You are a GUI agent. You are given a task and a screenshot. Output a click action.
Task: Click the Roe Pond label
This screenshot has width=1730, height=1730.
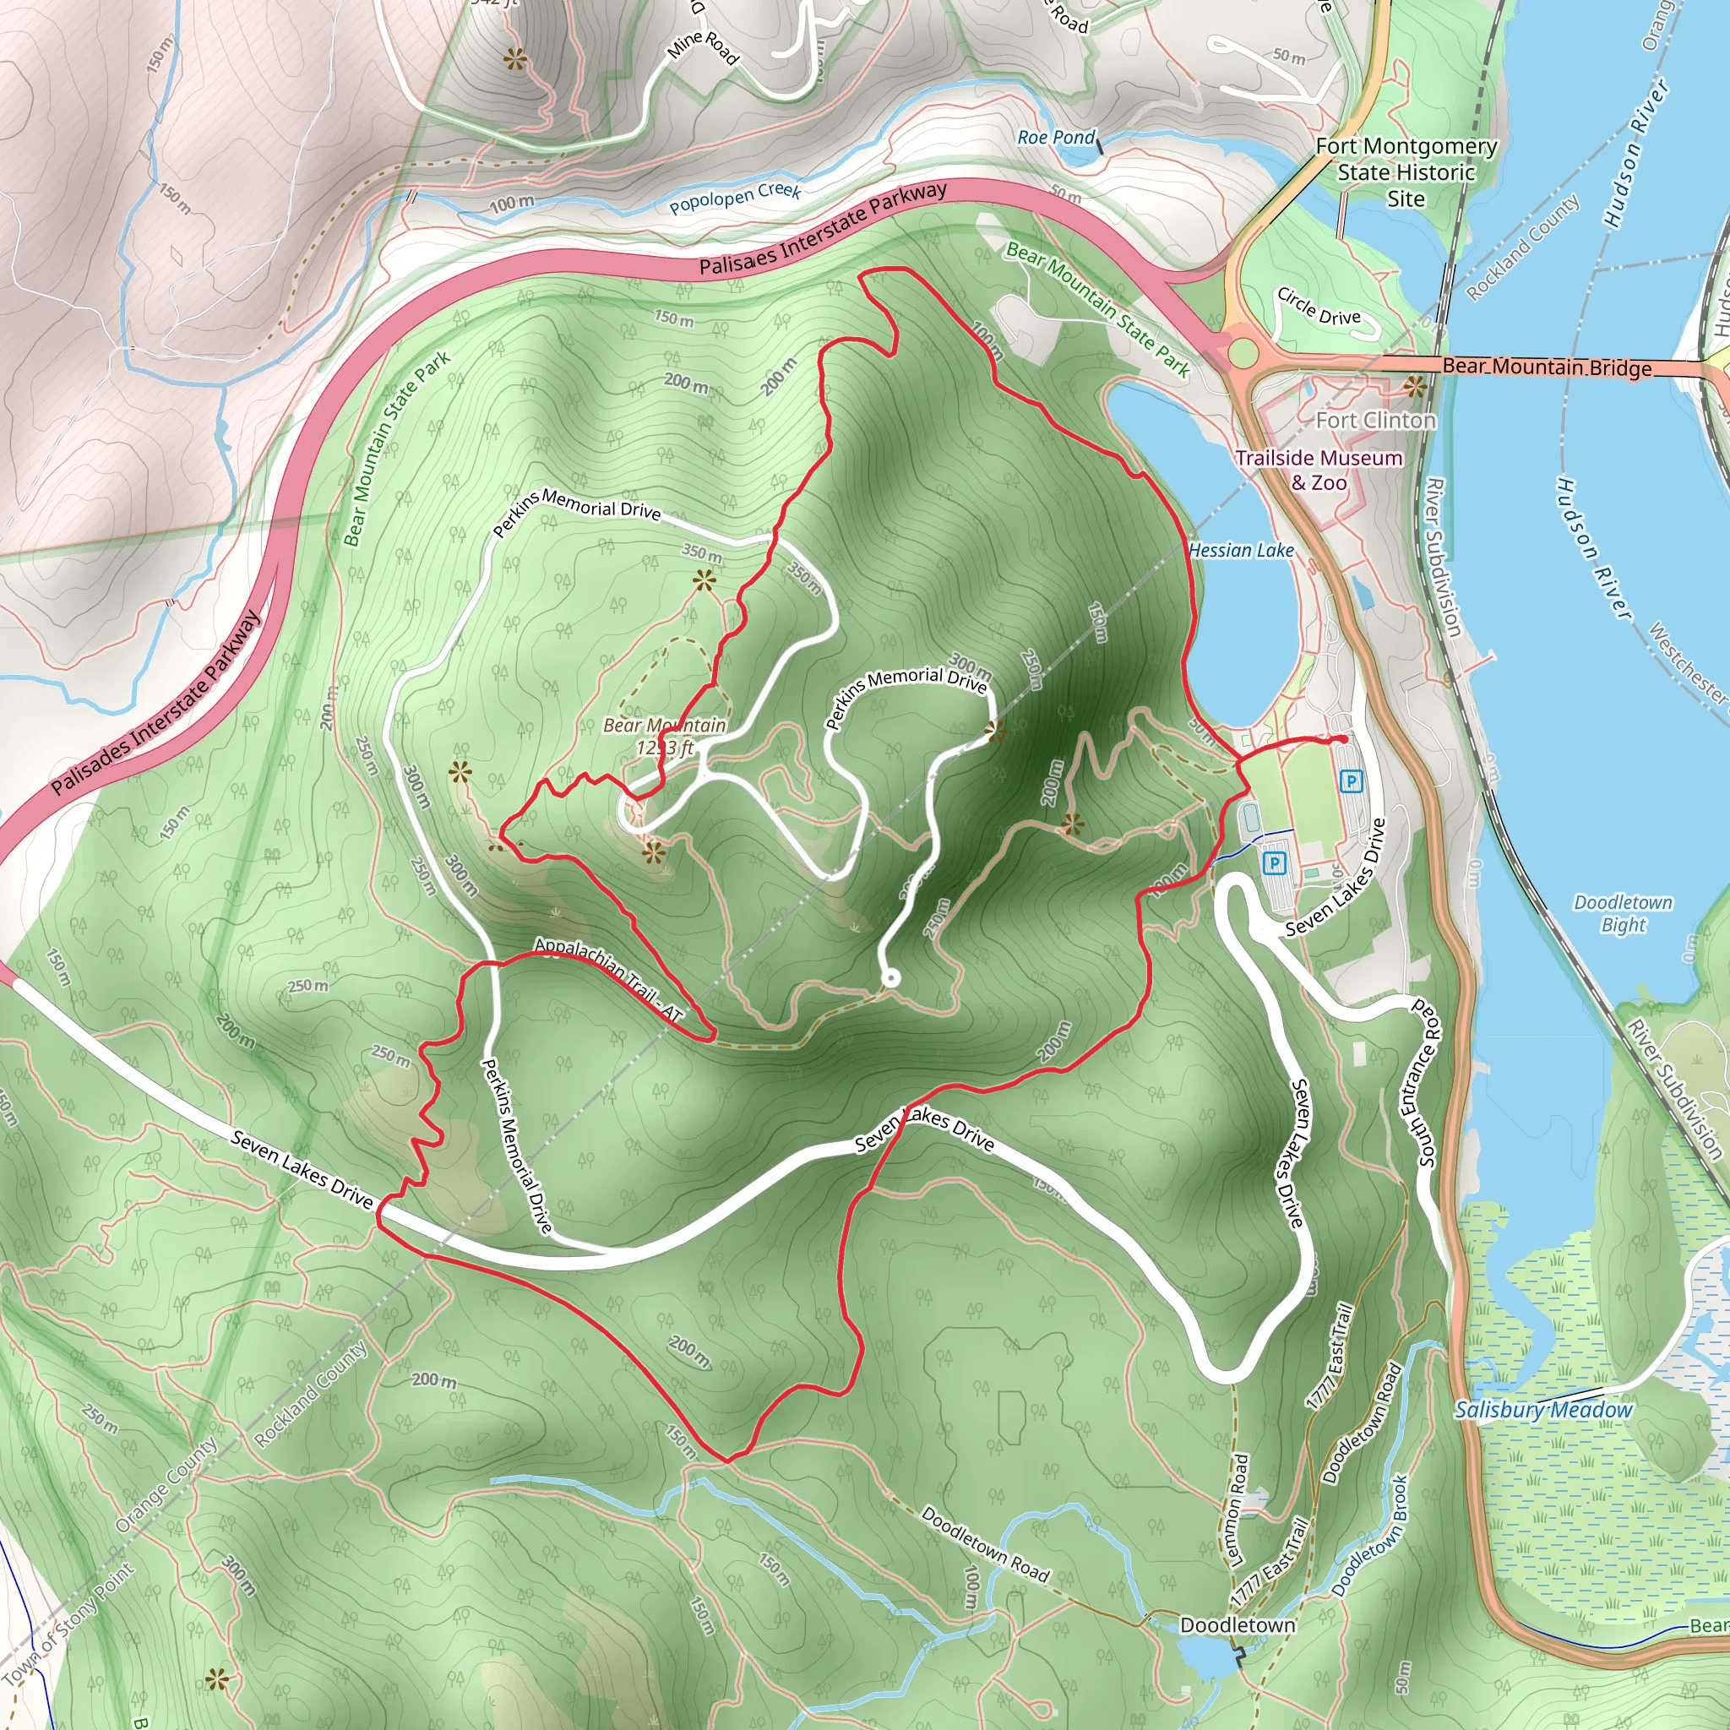click(x=1056, y=138)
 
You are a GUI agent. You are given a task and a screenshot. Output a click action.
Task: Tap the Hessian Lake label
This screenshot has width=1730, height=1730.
click(x=1241, y=550)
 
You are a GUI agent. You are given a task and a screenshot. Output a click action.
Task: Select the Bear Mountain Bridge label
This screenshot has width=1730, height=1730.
click(x=1547, y=367)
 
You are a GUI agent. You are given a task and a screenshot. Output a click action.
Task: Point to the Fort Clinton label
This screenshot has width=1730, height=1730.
click(x=1375, y=420)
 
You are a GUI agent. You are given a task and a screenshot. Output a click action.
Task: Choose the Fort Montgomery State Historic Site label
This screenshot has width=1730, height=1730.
click(x=1406, y=172)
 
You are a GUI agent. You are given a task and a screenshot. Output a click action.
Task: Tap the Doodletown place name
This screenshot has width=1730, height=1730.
click(x=1238, y=1625)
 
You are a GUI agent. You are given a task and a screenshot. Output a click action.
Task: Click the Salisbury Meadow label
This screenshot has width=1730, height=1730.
click(x=1542, y=1411)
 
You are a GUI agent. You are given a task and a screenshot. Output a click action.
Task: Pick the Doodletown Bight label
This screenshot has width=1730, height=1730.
click(x=1623, y=913)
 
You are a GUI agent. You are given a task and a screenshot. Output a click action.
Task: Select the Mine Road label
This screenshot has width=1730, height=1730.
click(x=704, y=47)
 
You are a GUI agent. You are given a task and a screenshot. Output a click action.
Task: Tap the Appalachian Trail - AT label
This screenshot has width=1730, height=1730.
click(x=609, y=979)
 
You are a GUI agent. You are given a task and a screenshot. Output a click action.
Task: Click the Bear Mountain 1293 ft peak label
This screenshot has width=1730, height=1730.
click(x=665, y=736)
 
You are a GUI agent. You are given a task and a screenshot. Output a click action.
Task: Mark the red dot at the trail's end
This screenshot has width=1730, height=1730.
click(x=1343, y=740)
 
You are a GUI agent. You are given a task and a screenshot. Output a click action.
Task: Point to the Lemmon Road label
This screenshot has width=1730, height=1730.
click(x=1238, y=1509)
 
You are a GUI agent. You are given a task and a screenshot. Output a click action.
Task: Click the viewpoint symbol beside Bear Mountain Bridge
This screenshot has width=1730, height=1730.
click(x=1415, y=388)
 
